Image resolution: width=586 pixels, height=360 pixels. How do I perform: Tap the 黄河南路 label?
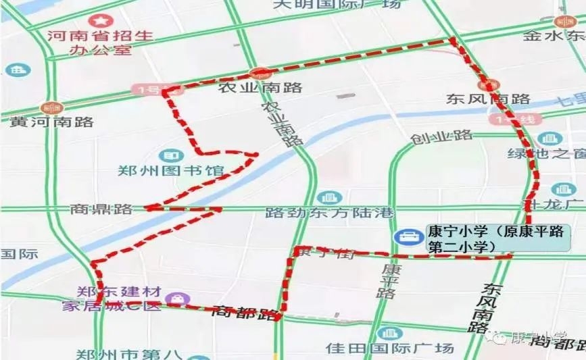[51, 122]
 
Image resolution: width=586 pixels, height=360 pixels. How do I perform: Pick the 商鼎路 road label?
[101, 209]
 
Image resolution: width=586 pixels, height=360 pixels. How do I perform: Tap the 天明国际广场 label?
[337, 4]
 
